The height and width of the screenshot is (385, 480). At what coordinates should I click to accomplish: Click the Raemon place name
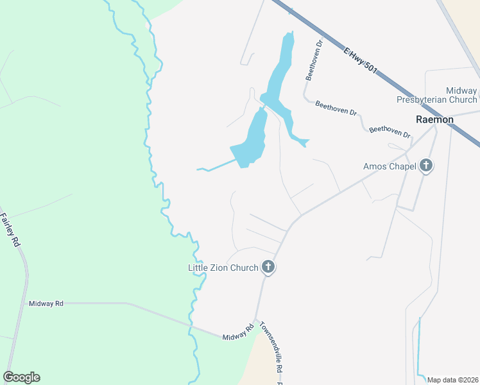click(434, 119)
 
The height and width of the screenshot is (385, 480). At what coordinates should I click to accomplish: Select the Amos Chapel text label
click(390, 167)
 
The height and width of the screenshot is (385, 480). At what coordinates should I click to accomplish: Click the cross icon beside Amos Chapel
click(426, 167)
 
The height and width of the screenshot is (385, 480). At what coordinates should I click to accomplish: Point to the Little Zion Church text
click(223, 268)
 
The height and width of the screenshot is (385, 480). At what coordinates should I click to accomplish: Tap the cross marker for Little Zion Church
click(268, 268)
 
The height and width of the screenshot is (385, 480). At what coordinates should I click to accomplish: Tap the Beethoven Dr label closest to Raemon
click(390, 132)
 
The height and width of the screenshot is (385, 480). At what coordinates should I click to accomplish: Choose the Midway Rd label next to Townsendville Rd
click(238, 332)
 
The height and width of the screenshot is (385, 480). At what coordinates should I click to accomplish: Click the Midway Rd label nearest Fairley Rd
click(46, 302)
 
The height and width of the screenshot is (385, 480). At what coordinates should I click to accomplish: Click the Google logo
click(21, 377)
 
